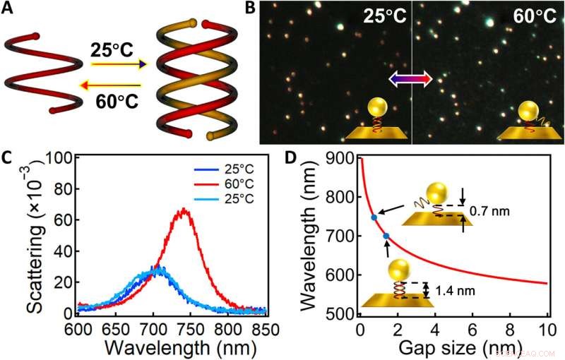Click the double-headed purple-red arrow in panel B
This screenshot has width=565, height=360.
[411, 80]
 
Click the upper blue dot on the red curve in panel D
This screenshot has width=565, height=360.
[374, 217]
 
